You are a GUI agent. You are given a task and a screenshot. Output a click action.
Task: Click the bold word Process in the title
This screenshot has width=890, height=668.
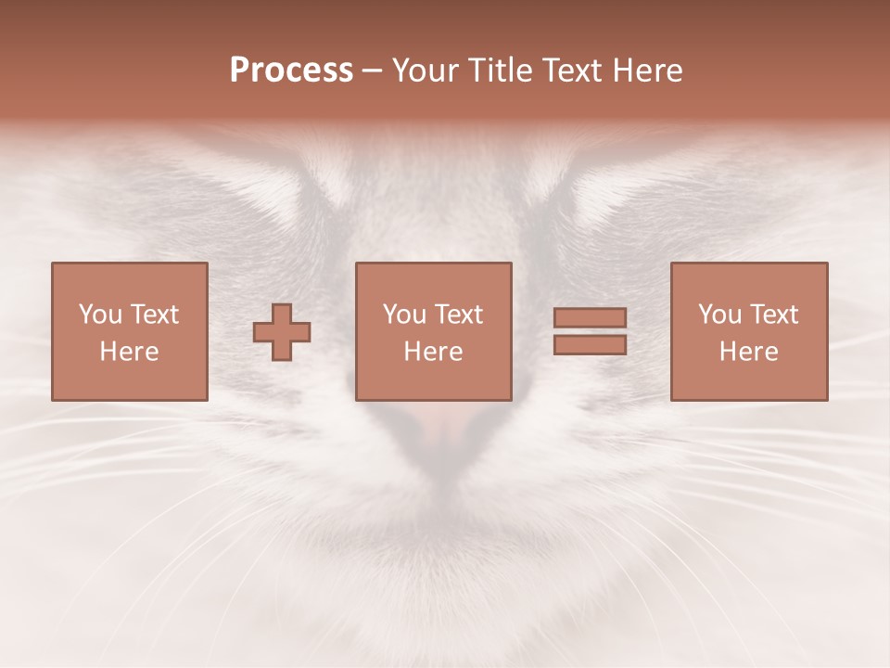(291, 71)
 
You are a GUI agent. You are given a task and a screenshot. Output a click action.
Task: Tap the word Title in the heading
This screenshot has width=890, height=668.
(500, 71)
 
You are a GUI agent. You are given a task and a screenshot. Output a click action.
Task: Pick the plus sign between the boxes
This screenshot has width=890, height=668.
(282, 332)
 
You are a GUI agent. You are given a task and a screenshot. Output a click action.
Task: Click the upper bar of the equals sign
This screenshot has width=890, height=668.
(590, 318)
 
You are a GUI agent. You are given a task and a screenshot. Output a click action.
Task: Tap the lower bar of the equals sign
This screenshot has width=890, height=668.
(590, 344)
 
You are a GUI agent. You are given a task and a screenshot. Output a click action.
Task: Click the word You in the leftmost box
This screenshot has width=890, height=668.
(100, 315)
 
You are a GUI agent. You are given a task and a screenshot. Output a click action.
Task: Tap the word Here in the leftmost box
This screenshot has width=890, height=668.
(130, 352)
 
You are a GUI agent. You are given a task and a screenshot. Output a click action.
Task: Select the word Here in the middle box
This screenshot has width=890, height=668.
(434, 352)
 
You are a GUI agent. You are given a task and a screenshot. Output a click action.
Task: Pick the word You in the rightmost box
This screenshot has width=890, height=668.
(719, 315)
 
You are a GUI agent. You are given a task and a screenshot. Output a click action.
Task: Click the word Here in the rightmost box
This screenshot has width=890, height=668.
(749, 352)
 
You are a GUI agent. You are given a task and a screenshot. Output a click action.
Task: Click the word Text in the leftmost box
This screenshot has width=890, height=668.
(154, 315)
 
